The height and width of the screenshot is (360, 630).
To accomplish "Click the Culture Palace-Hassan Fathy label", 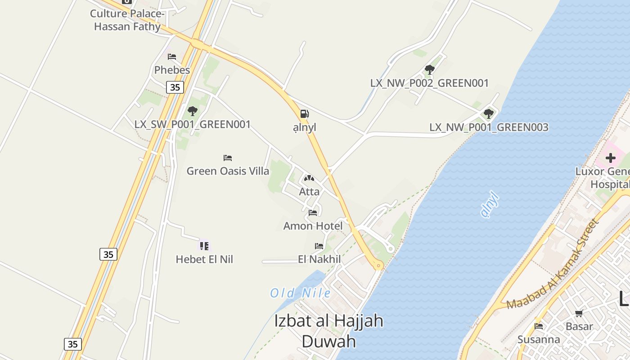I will click(x=127, y=20).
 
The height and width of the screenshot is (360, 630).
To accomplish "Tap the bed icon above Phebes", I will click(x=172, y=57).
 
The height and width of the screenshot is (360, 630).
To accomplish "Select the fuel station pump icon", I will click(x=305, y=114).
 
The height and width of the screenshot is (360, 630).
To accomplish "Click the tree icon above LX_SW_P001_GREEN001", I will click(x=193, y=111).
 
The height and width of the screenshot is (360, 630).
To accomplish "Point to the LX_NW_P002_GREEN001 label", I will click(x=429, y=83).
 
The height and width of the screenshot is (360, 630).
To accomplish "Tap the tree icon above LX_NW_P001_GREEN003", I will click(x=489, y=114).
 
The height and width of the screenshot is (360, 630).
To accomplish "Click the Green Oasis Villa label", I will click(x=228, y=171).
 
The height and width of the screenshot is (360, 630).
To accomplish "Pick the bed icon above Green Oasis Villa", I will click(x=228, y=158).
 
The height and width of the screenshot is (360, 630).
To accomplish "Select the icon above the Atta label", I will click(x=309, y=179).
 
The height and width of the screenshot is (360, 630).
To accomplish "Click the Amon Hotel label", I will click(x=313, y=226).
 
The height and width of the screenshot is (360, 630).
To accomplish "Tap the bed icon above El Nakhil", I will click(x=319, y=246).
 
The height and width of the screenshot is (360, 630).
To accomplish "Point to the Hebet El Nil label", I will click(x=204, y=259).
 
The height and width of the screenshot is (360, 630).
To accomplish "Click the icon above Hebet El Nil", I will click(x=204, y=246).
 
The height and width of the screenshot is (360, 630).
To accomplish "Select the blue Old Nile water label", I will click(x=300, y=293).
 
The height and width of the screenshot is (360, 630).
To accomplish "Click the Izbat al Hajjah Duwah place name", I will click(x=328, y=331).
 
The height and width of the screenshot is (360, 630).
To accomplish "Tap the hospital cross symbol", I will click(x=611, y=158).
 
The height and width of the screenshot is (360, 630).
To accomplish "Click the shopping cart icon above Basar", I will click(x=579, y=313).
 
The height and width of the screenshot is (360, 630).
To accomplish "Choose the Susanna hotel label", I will click(x=539, y=339).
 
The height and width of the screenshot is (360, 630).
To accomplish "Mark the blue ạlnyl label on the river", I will click(x=490, y=205).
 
